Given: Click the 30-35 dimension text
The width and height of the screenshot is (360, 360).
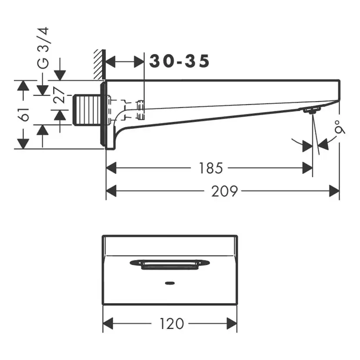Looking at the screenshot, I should (x=179, y=61).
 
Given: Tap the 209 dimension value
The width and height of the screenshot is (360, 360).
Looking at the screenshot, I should (x=224, y=190).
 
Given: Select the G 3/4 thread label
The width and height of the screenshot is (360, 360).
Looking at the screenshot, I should (x=43, y=48).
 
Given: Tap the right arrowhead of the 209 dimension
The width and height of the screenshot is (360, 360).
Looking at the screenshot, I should (x=334, y=190).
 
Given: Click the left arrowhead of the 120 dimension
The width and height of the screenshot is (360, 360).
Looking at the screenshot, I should (x=108, y=323).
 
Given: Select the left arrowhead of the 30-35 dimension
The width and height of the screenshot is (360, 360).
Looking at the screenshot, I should (x=111, y=62).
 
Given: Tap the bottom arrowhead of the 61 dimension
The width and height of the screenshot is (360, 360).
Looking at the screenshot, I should (x=23, y=143).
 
